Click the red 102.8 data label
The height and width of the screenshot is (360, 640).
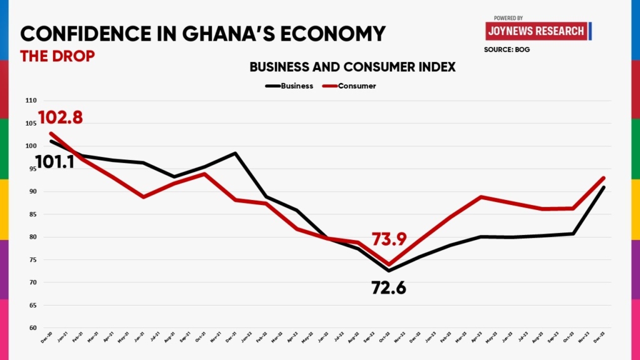(61, 117)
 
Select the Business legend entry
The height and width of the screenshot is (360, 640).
(289, 86)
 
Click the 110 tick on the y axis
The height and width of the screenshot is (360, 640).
(31, 101)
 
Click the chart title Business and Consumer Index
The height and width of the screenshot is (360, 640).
(352, 66)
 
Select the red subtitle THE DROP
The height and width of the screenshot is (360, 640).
(57, 56)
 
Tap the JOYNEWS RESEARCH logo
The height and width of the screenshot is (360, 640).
(537, 31)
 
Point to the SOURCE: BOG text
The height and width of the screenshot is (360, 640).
(507, 49)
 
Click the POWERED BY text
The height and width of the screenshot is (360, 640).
(508, 18)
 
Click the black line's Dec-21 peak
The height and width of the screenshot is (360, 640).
(235, 153)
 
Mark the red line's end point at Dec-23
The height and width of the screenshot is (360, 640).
(604, 177)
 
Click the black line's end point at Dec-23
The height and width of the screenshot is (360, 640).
(604, 187)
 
